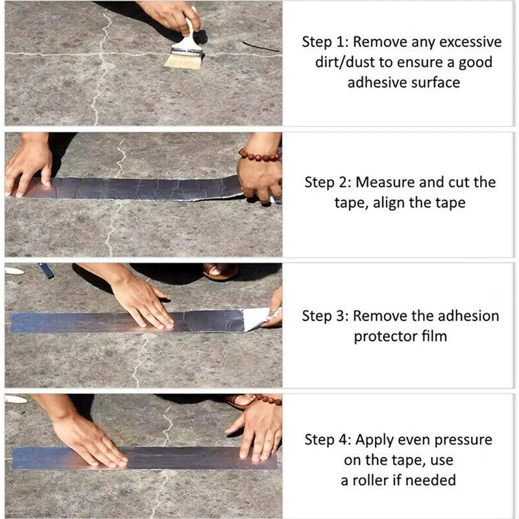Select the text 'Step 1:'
tap(324, 42)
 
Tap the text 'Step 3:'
tap(325, 317)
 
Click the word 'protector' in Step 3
tap(384, 337)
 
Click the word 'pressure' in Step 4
tap(465, 440)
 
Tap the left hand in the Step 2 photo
tap(29, 165)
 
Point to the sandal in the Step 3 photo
tap(221, 271)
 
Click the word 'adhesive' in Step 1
tap(374, 82)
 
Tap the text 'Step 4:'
tap(328, 440)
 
